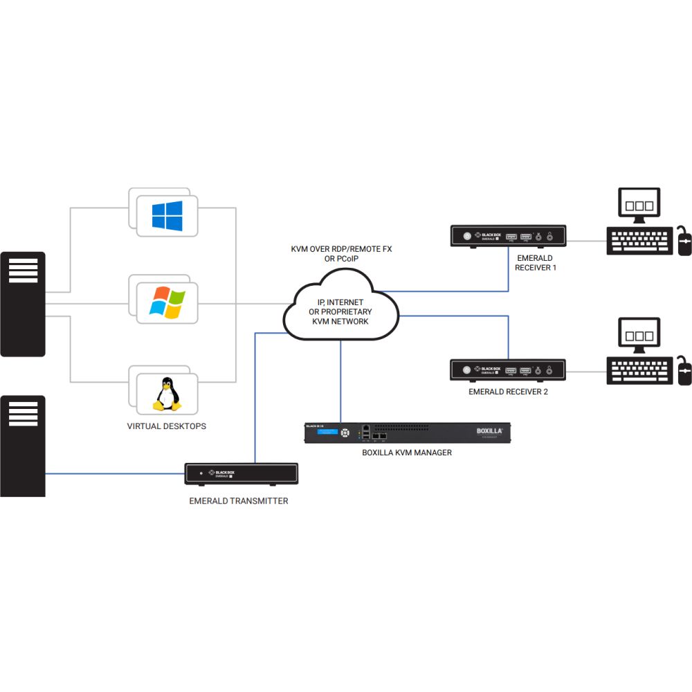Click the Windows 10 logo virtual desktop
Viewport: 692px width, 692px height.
[167, 216]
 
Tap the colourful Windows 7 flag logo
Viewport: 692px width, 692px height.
[167, 303]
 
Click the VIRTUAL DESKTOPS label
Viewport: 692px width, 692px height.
[167, 426]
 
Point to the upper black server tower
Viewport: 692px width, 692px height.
[23, 304]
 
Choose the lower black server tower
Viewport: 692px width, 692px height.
[23, 446]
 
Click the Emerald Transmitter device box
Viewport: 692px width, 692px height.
[242, 474]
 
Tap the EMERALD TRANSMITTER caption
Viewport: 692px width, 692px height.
[239, 501]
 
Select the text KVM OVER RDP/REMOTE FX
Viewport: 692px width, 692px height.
[341, 249]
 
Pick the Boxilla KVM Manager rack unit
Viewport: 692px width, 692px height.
[408, 432]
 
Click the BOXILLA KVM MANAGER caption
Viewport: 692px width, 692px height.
[407, 453]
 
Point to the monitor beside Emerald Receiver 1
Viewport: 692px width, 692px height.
[639, 206]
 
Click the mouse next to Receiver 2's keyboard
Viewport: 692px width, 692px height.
[684, 372]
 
